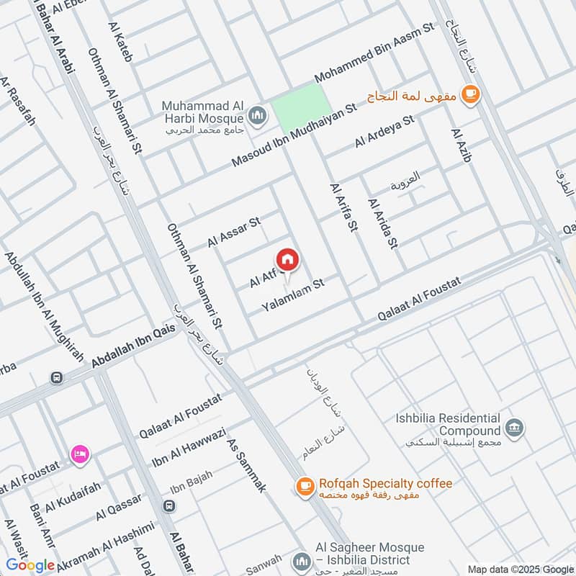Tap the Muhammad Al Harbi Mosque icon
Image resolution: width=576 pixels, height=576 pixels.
pos(257,115)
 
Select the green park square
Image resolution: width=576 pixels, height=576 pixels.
pos(297,107)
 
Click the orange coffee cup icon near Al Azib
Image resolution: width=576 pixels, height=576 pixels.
pos(470,94)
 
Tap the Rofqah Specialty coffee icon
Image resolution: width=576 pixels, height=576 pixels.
pos(305,487)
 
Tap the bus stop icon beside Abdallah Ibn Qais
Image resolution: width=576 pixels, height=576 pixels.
pos(55,377)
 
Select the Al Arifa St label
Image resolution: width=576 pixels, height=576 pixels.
pos(343,207)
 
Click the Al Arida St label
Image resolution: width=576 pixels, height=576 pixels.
pos(382,224)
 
